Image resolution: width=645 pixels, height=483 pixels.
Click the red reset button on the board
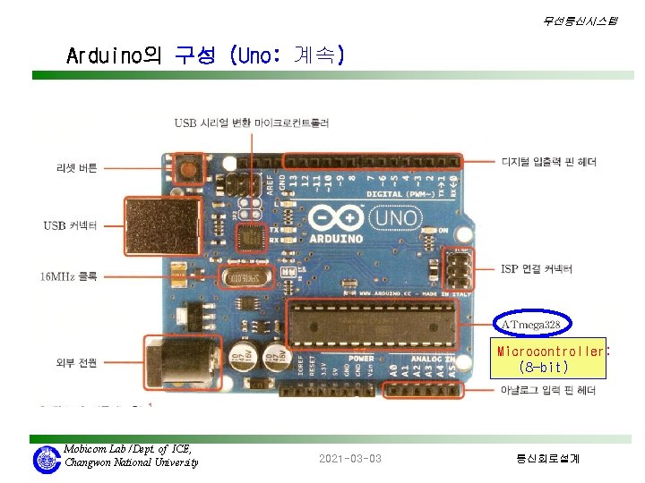tap(188, 166)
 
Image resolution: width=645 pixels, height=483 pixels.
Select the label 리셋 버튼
tap(77, 168)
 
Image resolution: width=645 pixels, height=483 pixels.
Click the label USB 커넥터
tap(70, 225)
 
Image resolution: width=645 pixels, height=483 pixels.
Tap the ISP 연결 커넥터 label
tap(536, 268)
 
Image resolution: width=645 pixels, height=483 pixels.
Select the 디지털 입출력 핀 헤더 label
tap(548, 162)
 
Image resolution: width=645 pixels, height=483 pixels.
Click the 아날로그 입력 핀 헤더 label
tap(548, 389)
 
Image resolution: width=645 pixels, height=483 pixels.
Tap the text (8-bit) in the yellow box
tap(543, 367)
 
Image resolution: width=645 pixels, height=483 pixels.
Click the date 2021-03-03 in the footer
tap(349, 459)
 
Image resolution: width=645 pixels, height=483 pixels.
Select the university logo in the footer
tap(46, 460)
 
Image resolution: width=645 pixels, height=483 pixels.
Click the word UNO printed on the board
tap(397, 217)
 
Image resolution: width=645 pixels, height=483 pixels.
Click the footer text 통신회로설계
tap(547, 459)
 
